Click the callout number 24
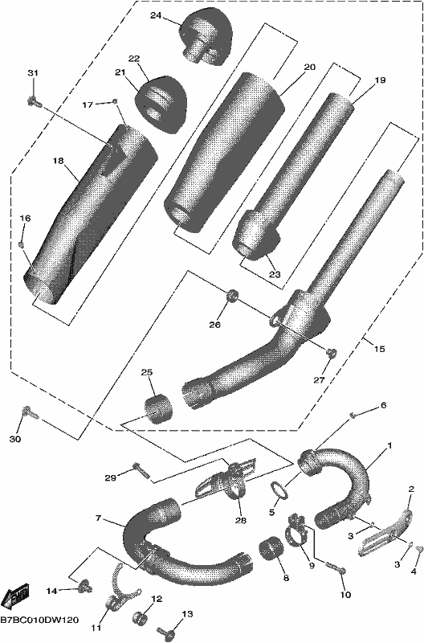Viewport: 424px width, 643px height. click(156, 16)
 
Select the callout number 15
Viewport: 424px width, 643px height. click(380, 349)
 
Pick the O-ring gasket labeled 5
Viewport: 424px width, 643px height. click(278, 489)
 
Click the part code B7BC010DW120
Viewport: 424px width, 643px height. click(39, 619)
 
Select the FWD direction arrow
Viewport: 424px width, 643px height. click(16, 596)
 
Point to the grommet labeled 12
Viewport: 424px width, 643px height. click(140, 618)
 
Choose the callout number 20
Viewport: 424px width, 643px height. click(310, 67)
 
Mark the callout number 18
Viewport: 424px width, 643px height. click(58, 161)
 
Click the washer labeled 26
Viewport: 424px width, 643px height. click(232, 295)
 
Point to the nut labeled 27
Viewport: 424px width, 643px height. click(331, 352)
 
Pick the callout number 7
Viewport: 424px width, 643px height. click(98, 518)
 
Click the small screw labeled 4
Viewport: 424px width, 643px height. click(418, 549)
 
